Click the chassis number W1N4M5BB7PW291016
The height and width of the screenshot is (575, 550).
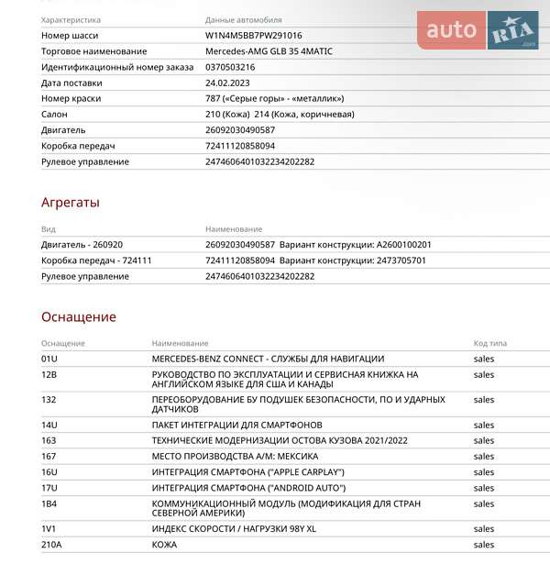(253, 35)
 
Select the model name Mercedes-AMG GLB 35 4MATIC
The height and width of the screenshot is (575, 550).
(269, 50)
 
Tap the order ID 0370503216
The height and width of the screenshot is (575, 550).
(230, 67)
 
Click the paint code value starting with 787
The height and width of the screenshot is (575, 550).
(274, 98)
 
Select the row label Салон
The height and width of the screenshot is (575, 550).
(54, 115)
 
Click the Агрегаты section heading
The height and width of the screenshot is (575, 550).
(71, 203)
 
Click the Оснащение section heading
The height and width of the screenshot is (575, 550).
(78, 317)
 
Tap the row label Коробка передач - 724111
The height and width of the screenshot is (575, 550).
(96, 260)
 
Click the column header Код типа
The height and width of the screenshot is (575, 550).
(489, 343)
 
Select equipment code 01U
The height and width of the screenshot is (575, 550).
(49, 359)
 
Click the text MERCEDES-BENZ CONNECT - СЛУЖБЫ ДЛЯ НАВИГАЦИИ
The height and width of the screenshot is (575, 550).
(268, 359)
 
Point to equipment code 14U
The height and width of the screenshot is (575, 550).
(49, 425)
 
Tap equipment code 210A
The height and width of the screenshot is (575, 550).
(51, 545)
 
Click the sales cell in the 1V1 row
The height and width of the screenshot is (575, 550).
(483, 529)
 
